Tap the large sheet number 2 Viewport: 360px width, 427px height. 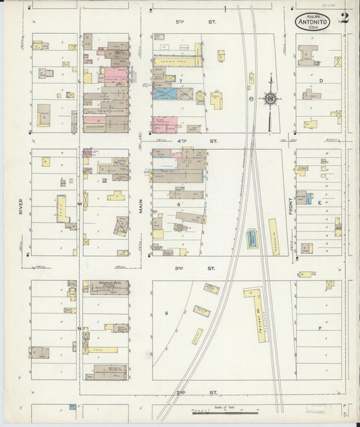(344, 18)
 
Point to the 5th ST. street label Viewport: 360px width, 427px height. (180, 22)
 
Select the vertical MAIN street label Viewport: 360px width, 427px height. (141, 202)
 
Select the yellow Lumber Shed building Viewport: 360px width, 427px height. (177, 61)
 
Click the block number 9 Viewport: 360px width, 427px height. (165, 313)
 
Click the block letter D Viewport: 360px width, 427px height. (322, 81)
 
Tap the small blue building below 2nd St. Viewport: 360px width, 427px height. (71, 407)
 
